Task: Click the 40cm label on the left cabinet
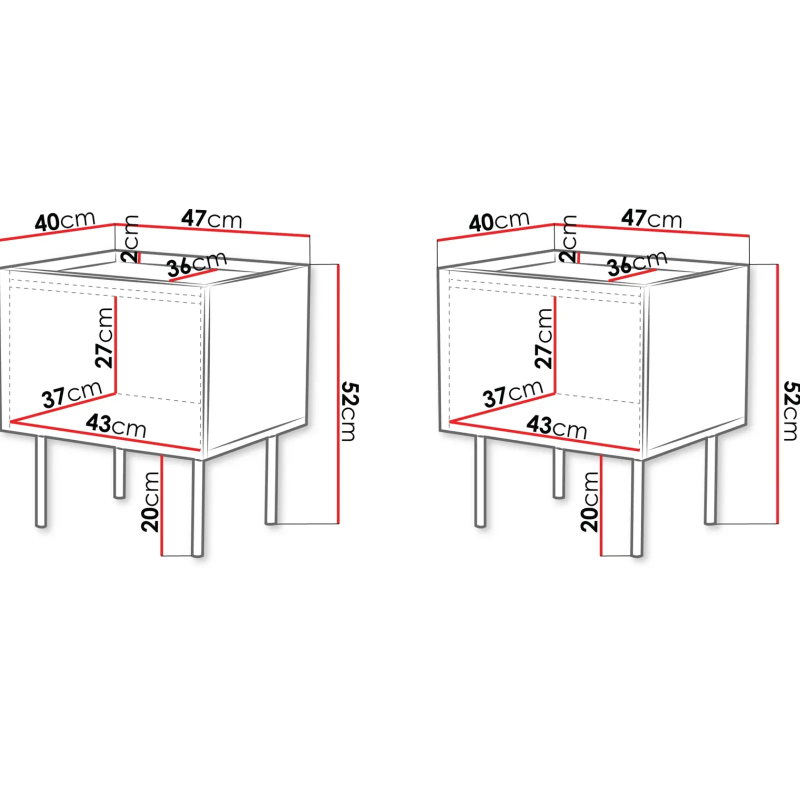(x=65, y=221)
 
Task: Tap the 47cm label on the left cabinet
(x=211, y=219)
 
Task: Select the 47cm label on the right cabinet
(x=651, y=219)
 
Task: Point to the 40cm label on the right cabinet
(x=499, y=221)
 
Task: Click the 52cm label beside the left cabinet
(x=349, y=412)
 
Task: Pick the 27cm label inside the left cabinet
(x=105, y=338)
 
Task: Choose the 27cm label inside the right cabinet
(x=544, y=338)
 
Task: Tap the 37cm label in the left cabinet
(x=72, y=395)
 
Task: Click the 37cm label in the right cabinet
(x=513, y=393)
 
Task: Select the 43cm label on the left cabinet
(x=116, y=426)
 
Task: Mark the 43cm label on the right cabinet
(x=556, y=427)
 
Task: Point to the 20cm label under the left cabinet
(x=150, y=501)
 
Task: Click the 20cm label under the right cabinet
(x=589, y=501)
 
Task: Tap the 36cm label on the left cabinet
(x=196, y=264)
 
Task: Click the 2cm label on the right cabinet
(x=569, y=239)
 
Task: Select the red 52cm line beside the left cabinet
(x=338, y=394)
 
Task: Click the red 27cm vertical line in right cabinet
(x=555, y=345)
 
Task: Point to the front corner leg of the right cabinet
(x=637, y=507)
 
